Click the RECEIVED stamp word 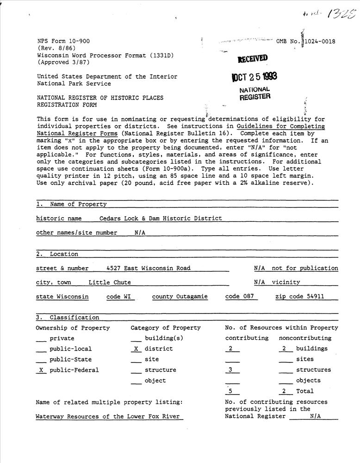(x=252, y=59)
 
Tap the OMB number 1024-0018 (x=319, y=41)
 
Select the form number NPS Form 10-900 (x=64, y=41)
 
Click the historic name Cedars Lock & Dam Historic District (x=161, y=218)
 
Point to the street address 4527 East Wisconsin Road (x=148, y=268)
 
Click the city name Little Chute (x=110, y=282)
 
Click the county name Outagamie (x=192, y=296)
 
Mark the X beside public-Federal (x=41, y=370)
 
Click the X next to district (x=136, y=349)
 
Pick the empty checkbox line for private (x=41, y=339)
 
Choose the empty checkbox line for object (x=136, y=382)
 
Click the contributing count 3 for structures (x=231, y=370)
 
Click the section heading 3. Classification (x=68, y=318)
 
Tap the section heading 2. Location (x=57, y=254)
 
